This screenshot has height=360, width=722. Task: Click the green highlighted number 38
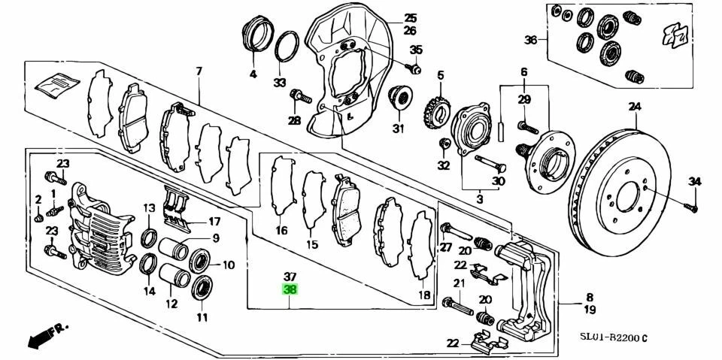(x=290, y=289)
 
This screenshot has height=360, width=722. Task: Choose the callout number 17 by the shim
(x=214, y=222)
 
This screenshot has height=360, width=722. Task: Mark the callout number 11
(x=202, y=317)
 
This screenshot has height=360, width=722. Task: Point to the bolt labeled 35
(x=412, y=68)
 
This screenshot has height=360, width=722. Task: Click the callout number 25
(x=409, y=18)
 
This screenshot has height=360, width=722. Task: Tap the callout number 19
(x=590, y=309)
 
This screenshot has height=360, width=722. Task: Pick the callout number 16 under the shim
(x=281, y=231)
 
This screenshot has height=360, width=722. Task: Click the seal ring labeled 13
(x=150, y=240)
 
